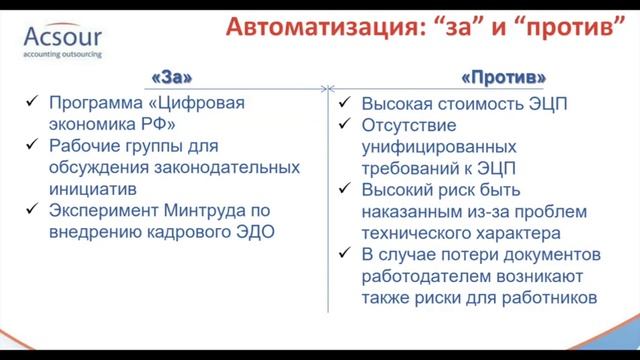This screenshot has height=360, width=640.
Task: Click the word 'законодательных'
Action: point(207,166)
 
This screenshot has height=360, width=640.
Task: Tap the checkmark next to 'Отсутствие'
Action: point(343,124)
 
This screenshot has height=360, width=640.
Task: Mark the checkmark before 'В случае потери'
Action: point(343,253)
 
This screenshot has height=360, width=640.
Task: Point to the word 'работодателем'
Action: point(425,275)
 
